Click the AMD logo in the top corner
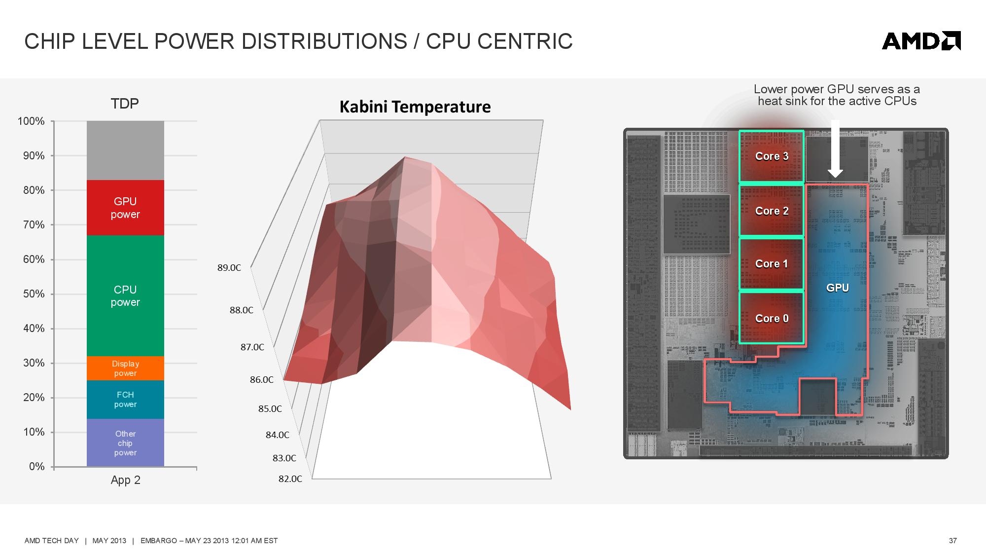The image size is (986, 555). [921, 41]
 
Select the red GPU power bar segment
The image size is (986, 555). [125, 208]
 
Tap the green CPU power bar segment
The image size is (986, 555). [125, 296]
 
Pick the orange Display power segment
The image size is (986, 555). [125, 368]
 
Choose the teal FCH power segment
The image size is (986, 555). [125, 400]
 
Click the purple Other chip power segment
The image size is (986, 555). [125, 443]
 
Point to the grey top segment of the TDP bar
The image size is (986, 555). [125, 150]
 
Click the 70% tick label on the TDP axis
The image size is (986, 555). [34, 225]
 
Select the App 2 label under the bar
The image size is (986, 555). [126, 480]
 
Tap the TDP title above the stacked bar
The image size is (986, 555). [125, 104]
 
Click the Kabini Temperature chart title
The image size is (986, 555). [415, 107]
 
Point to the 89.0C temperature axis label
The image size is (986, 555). [229, 268]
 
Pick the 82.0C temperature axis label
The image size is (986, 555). [290, 479]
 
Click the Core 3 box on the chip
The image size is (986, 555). [772, 156]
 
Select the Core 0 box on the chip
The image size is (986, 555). [772, 318]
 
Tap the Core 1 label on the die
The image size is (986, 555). [772, 264]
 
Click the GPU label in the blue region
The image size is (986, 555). [838, 288]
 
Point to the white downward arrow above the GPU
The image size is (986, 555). [835, 148]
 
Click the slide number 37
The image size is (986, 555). [953, 541]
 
